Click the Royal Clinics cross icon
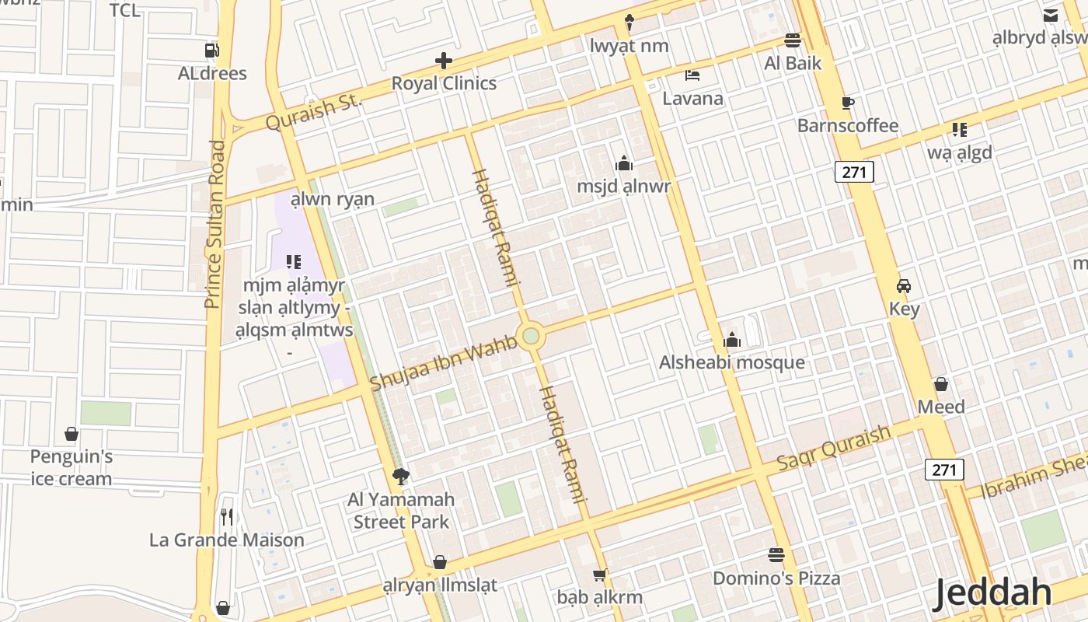point(444,61)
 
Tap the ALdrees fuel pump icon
point(211,51)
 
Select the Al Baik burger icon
point(793,40)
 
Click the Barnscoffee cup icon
point(848,103)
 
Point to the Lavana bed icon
point(692,75)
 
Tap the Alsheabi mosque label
point(732,363)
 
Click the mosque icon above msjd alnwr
point(623,163)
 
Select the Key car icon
point(904,285)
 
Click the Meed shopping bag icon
point(941,384)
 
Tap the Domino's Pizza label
point(776,578)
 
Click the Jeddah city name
point(992,593)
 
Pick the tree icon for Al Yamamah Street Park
point(401,476)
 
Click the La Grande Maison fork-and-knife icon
point(227,516)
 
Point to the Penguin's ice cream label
point(71,467)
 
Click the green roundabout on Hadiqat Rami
point(531,336)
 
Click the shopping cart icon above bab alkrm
point(599,575)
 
